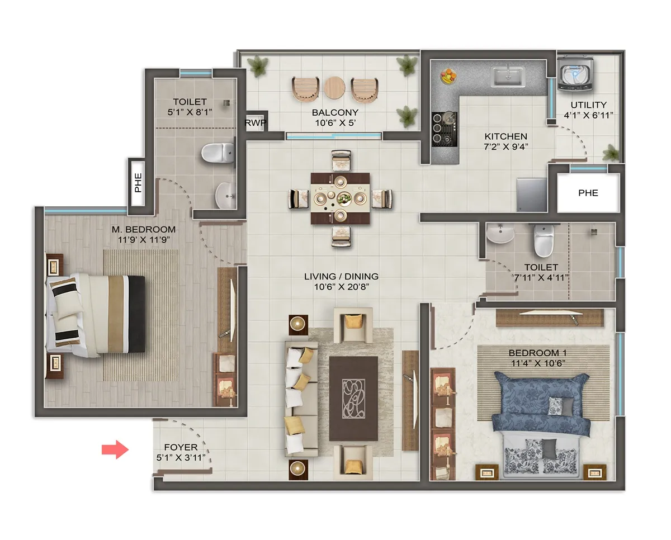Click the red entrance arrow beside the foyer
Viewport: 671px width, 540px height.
[115, 450]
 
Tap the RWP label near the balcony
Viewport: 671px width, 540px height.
[255, 123]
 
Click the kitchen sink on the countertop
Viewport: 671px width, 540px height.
[508, 77]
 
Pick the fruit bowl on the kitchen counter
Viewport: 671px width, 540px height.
[449, 75]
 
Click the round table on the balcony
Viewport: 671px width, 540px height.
[335, 88]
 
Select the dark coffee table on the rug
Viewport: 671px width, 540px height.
[353, 398]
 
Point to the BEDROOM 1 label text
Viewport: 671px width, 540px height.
[533, 353]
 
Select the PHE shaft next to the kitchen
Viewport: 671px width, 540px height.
[588, 193]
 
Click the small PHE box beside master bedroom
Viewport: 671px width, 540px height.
[138, 183]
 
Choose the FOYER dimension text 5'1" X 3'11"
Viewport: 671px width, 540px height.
[181, 458]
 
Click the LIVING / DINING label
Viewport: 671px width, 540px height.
[341, 276]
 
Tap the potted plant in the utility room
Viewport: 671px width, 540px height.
[611, 151]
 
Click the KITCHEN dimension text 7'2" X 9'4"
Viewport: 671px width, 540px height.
[505, 147]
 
